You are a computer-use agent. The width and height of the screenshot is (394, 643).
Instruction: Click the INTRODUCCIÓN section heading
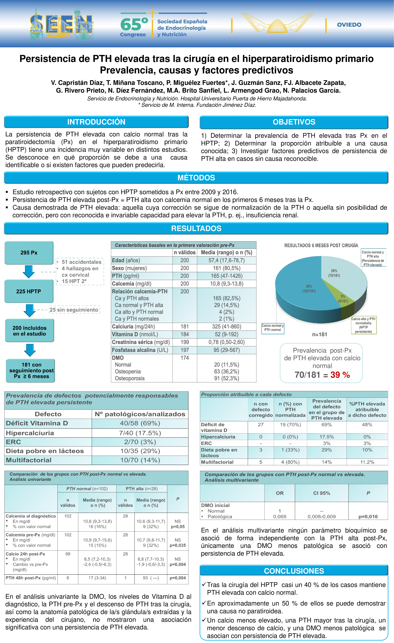pos(96,122)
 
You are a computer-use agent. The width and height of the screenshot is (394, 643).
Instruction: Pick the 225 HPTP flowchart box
pos(29,291)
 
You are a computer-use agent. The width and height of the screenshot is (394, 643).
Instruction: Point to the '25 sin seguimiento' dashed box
pos(74,310)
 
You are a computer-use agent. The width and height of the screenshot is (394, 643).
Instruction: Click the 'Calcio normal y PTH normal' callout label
pos(273,328)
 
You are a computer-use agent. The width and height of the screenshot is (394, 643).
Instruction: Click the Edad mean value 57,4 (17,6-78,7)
pos(227,260)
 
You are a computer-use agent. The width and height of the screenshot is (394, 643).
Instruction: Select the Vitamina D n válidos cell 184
pos(184,334)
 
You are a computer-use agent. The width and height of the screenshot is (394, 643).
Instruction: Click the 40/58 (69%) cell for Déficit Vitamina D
pos(140,423)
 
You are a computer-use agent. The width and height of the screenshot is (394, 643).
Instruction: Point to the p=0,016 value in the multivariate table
pos(368,516)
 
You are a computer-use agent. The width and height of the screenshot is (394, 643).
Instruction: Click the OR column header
pos(280,493)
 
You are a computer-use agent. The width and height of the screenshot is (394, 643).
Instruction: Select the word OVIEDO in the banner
pos(349,25)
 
